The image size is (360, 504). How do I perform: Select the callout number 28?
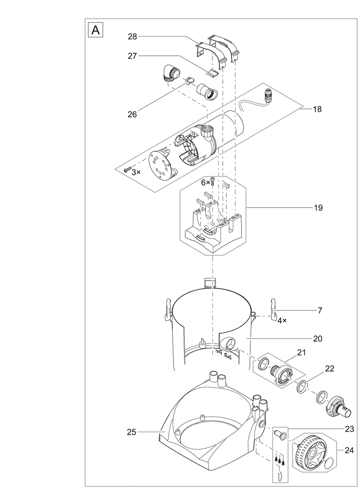click(x=132, y=37)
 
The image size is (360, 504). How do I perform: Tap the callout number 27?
click(x=132, y=56)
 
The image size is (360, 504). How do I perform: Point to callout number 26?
click(x=132, y=114)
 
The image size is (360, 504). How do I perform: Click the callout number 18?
click(x=317, y=109)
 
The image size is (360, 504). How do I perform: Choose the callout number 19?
click(x=318, y=207)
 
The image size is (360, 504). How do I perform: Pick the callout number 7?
click(x=320, y=311)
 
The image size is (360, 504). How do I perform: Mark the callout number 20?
click(x=318, y=339)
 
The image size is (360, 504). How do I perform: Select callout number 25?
click(x=131, y=432)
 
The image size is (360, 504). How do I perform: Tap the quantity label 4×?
click(x=282, y=321)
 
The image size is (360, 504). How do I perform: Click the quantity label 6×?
click(x=205, y=183)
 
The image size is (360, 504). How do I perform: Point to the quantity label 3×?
click(x=136, y=172)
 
